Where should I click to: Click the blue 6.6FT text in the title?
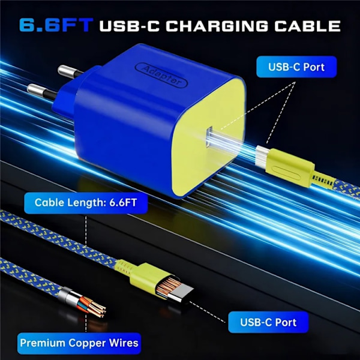pos(56,25)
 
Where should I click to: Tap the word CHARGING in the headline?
pos(217,26)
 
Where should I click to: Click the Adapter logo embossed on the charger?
pos(161,75)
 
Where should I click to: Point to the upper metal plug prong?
pos(69,71)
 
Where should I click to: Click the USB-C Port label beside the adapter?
pos(296,67)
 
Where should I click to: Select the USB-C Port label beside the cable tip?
pos(268,322)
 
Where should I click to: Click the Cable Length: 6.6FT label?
pos(86,203)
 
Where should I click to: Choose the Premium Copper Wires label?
pos(79,343)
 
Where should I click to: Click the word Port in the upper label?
pos(314,67)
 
